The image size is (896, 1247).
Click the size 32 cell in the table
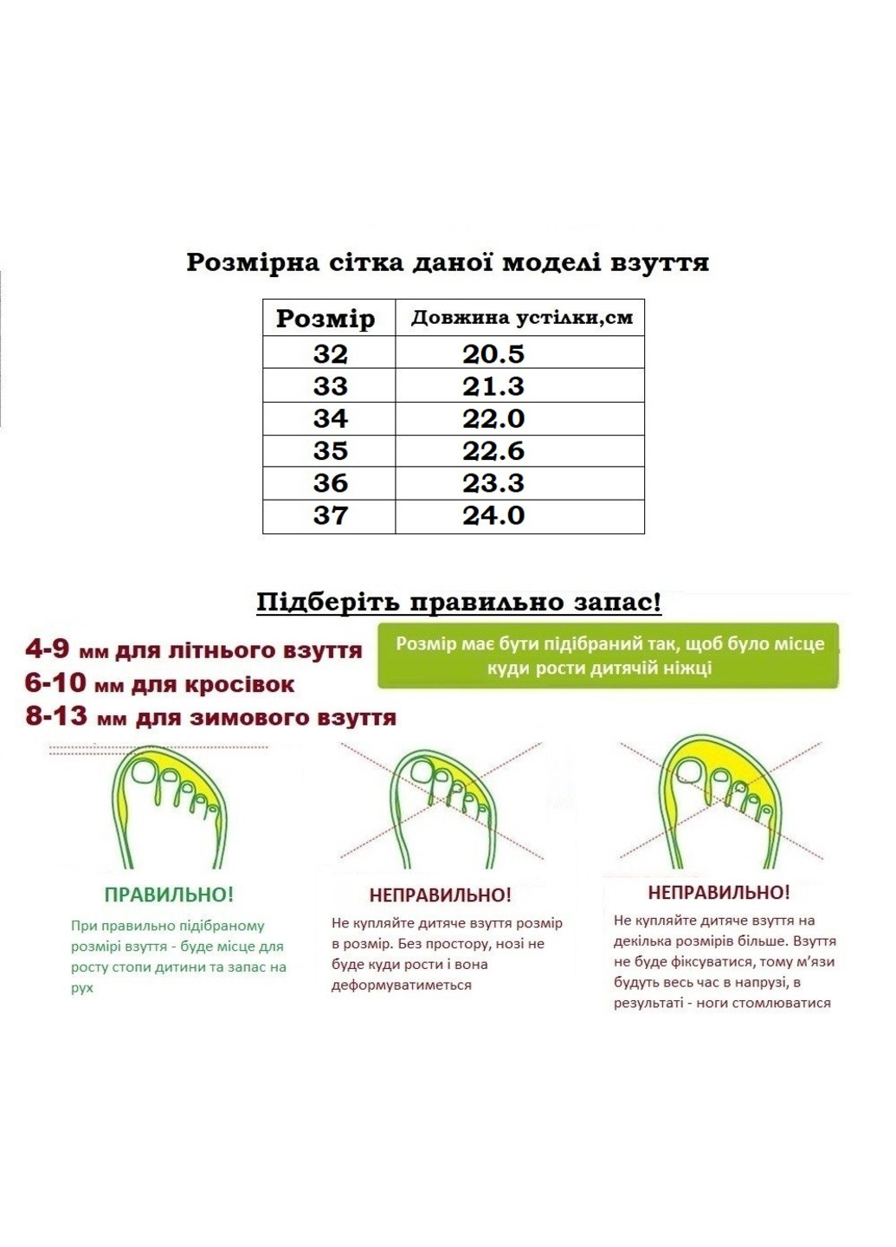(330, 354)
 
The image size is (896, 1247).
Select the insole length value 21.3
(493, 386)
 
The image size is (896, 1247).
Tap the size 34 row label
(330, 419)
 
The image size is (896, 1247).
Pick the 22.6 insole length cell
(493, 451)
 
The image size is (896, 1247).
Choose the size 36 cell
(330, 483)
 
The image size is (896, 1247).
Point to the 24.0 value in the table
(493, 516)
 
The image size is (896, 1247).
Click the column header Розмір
(326, 319)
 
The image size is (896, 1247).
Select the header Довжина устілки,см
(521, 318)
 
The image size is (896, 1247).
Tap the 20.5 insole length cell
(493, 354)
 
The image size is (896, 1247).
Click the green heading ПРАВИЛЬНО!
(169, 895)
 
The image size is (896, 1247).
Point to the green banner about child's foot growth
(609, 656)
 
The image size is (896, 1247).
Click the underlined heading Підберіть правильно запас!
(459, 602)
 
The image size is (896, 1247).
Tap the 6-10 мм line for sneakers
(159, 684)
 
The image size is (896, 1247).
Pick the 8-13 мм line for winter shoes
(210, 718)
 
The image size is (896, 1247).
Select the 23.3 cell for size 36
(493, 483)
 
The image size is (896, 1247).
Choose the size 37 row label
(330, 516)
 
